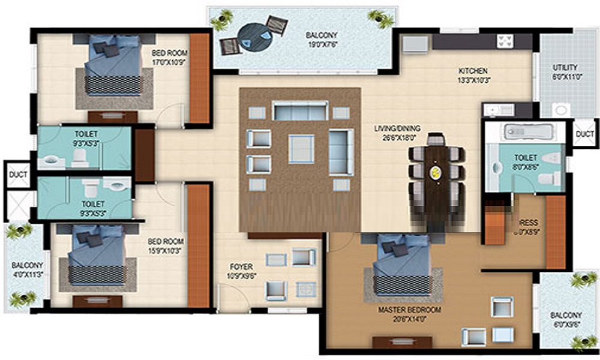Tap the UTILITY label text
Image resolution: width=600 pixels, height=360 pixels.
click(565, 68)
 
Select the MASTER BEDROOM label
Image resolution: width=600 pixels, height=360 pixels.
click(409, 310)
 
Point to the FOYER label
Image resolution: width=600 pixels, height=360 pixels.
click(241, 266)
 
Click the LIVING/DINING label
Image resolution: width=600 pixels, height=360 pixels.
click(397, 128)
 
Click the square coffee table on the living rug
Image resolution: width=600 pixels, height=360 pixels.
click(301, 148)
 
